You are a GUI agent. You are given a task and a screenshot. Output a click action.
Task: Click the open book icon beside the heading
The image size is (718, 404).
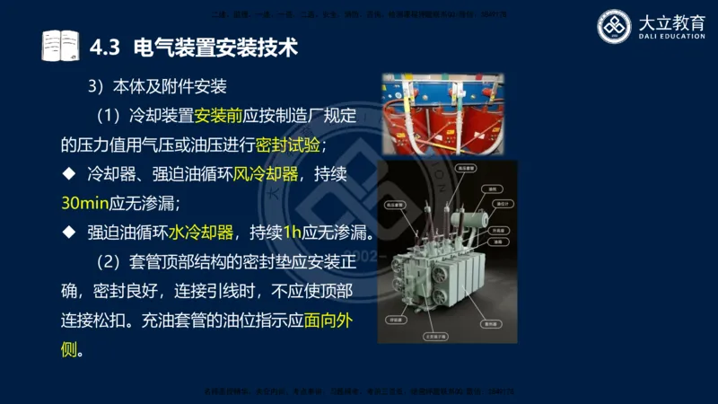pyautogui.click(x=60, y=44)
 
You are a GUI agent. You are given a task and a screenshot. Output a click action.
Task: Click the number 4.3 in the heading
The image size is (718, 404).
pyautogui.click(x=106, y=44)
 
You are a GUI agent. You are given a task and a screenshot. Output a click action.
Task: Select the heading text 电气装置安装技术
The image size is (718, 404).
pyautogui.click(x=215, y=44)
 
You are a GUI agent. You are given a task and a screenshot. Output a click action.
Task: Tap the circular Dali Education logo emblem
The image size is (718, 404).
pyautogui.click(x=615, y=26)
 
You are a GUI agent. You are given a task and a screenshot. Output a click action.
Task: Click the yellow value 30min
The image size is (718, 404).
pyautogui.click(x=88, y=203)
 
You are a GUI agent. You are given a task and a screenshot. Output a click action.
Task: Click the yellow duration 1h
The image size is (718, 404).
pyautogui.click(x=292, y=233)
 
